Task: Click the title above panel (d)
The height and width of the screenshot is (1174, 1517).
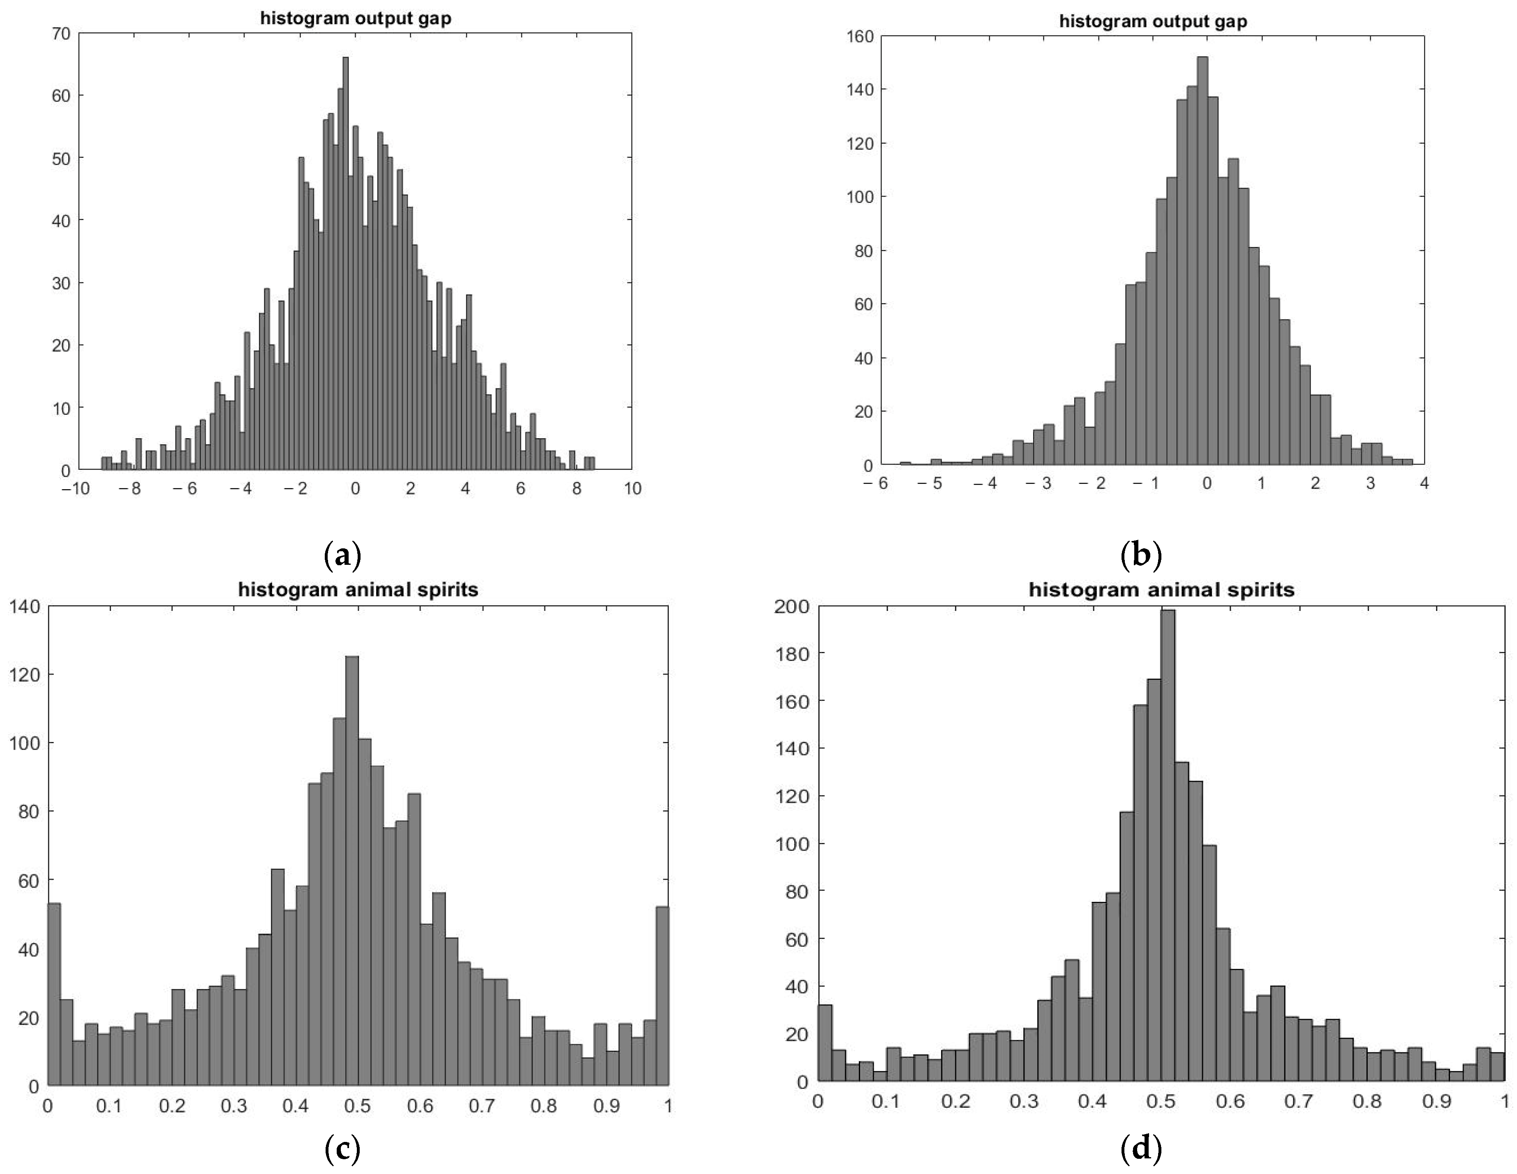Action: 1161,590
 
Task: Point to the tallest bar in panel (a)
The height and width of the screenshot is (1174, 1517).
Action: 346,264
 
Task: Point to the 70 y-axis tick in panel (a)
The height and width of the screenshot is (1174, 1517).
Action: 61,33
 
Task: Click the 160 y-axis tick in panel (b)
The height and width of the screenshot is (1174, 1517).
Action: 858,36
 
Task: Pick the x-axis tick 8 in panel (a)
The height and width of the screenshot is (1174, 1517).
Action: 576,488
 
